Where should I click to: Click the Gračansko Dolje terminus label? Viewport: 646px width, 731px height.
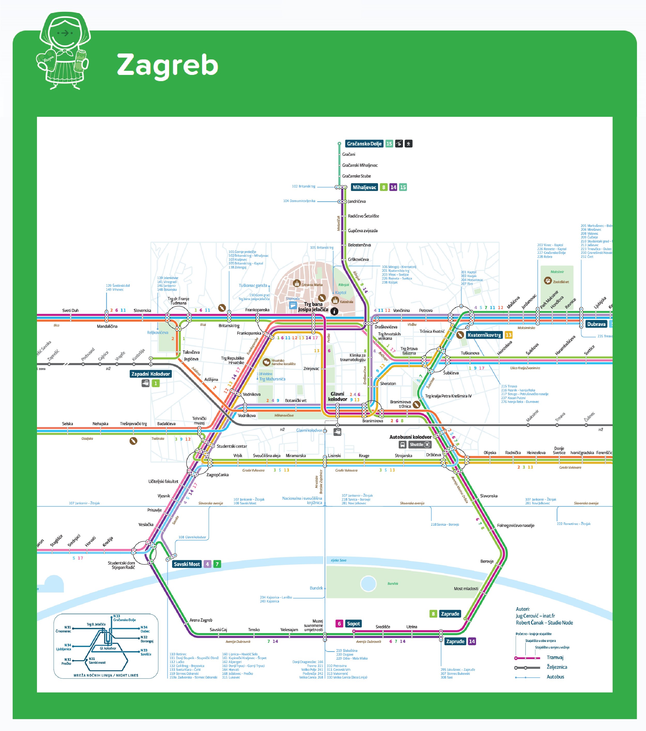coord(364,144)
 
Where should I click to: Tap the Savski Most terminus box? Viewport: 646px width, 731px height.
coord(187,564)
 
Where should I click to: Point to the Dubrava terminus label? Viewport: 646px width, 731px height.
coord(596,324)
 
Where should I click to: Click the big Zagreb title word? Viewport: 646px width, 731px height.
coord(167,65)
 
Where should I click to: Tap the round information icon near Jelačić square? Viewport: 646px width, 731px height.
coord(334,311)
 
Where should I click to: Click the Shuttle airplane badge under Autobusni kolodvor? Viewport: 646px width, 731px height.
coord(420,444)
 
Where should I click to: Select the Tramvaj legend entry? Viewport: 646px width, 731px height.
coord(555,657)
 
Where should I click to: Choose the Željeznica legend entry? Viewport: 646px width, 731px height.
coord(557,667)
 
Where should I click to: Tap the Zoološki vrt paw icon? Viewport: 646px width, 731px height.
coord(548,281)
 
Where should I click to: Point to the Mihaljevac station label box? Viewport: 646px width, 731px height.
coord(364,187)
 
